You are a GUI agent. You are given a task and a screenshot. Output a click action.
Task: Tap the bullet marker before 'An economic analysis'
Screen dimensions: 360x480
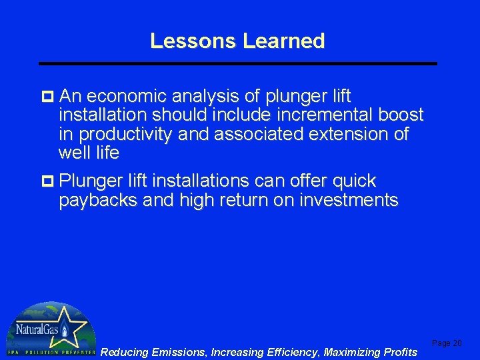(x=49, y=96)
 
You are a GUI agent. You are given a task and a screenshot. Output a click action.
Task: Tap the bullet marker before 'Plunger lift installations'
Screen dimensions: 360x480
(x=49, y=181)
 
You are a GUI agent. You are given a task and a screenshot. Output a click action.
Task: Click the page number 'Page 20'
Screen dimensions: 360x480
(x=447, y=343)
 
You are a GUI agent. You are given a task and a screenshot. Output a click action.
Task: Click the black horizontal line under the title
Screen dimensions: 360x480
(x=238, y=63)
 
